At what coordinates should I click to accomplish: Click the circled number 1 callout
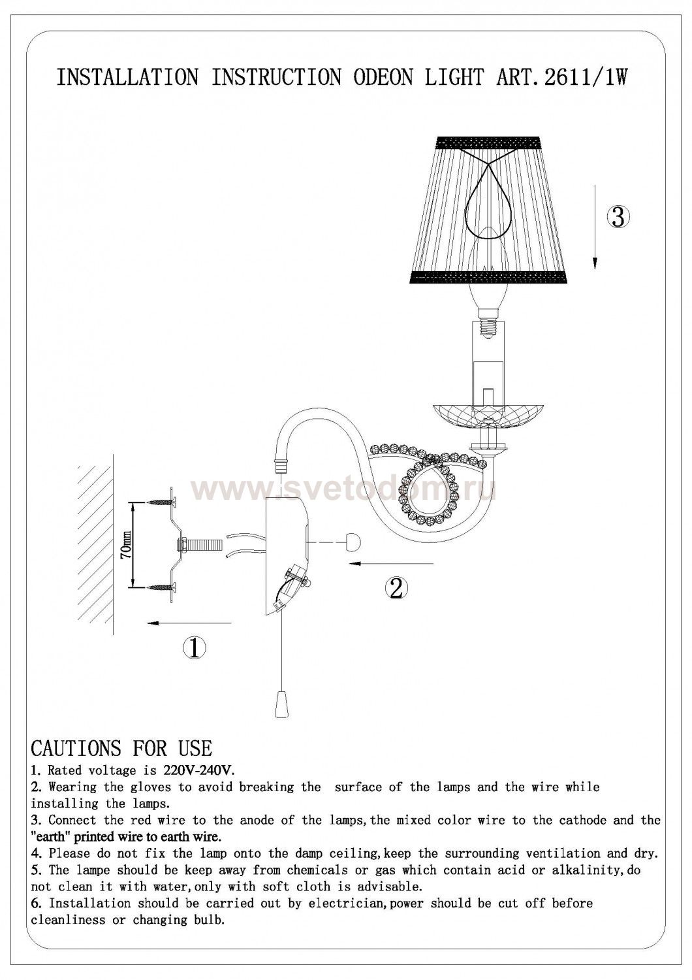[195, 648]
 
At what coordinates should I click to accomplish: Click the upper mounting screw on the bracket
[163, 503]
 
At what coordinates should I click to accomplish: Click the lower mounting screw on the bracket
[163, 587]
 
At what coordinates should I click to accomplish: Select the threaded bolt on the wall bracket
[200, 545]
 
